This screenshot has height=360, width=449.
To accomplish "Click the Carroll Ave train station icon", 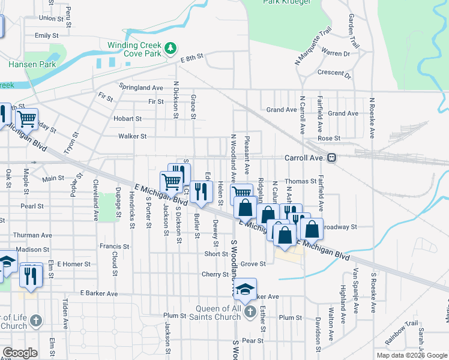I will click(x=331, y=158).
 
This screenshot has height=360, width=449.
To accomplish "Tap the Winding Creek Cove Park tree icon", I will click(x=171, y=47).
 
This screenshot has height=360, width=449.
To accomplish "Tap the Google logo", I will click(x=19, y=353).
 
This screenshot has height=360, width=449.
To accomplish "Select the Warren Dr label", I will click(x=336, y=53).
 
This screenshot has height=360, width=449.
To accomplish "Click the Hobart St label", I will click(x=127, y=119).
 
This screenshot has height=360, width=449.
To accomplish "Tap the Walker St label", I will click(x=133, y=136).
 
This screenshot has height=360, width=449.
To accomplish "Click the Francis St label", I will click(x=114, y=246).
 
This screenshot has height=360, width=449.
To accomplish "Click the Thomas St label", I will click(x=301, y=181).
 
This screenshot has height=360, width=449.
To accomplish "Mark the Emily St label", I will click(x=43, y=35).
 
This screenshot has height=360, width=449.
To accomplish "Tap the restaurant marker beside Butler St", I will click(x=202, y=191).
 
